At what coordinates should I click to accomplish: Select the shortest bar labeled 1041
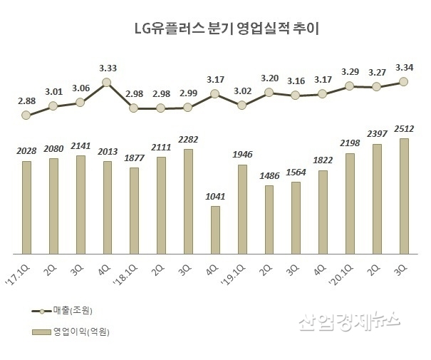[214, 230]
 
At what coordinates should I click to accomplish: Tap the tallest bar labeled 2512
[403, 196]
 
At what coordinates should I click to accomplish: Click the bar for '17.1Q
[26, 207]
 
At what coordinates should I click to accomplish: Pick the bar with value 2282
[188, 201]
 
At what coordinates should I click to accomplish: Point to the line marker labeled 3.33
[107, 83]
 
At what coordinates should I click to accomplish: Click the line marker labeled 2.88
[26, 115]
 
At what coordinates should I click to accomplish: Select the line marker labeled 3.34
[403, 82]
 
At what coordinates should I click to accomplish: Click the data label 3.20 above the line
[269, 78]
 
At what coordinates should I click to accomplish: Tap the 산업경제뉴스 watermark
[349, 323]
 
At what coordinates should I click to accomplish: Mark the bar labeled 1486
[269, 220]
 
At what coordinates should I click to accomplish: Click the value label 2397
[377, 134]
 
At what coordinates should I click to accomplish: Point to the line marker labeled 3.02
[242, 105]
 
